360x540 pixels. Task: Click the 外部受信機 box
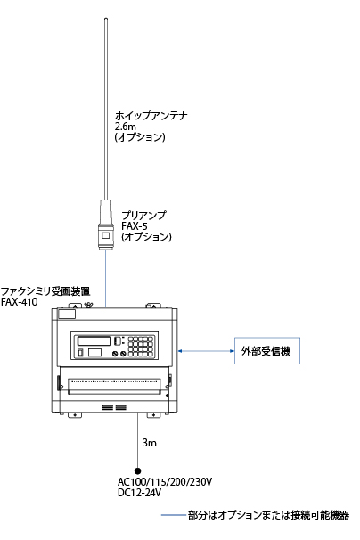point(267,350)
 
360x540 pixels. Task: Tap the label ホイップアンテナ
point(151,115)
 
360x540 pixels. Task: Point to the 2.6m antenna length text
point(126,126)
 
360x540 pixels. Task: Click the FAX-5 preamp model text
point(135,226)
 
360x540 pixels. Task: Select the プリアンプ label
point(143,216)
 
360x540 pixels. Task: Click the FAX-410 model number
point(19,302)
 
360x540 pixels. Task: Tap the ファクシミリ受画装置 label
point(45,291)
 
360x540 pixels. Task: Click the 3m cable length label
point(150,443)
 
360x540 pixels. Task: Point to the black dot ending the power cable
point(138,470)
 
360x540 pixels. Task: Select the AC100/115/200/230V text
point(165,481)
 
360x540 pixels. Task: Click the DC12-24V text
point(139,493)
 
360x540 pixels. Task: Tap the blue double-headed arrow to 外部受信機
point(206,351)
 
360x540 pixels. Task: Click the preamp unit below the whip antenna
point(105,225)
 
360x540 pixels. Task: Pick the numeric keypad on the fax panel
point(141,346)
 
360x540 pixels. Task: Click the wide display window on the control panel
point(94,341)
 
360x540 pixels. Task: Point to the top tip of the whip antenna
point(106,19)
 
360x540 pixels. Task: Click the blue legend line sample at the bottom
point(173,515)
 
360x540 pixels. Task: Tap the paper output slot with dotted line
point(114,386)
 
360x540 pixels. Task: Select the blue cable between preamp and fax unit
point(105,279)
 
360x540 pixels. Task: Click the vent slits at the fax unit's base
point(114,407)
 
